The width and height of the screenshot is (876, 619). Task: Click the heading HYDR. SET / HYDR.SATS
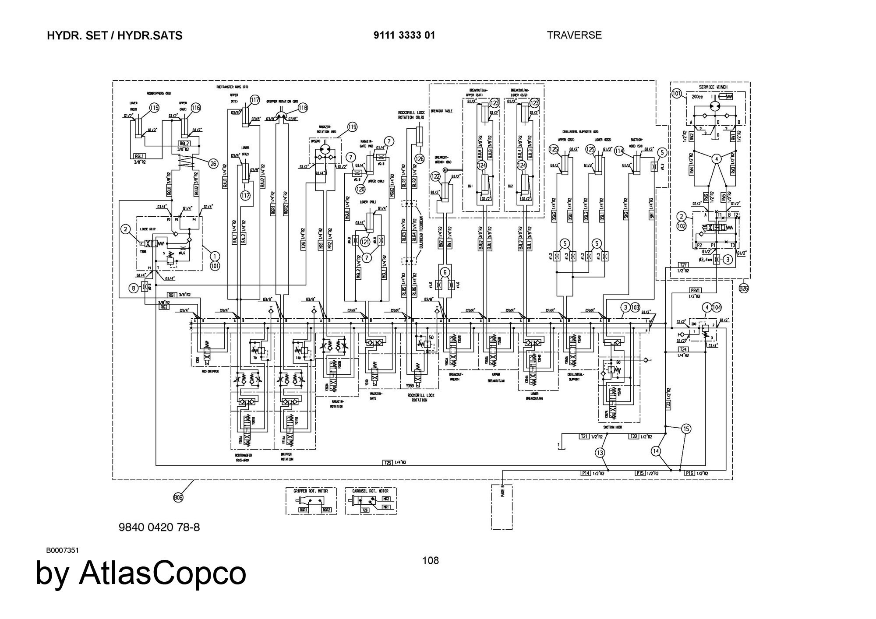tap(114, 36)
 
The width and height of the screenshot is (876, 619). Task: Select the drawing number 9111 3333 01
tap(404, 35)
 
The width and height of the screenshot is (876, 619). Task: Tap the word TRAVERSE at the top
tap(574, 35)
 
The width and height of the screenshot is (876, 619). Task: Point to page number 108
tap(430, 560)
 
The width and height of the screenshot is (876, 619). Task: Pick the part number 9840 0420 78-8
tap(159, 527)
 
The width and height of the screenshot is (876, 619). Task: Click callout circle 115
tap(154, 108)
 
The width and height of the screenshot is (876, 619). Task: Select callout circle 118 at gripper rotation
tap(303, 108)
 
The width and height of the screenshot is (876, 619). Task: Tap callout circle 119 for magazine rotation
tap(353, 127)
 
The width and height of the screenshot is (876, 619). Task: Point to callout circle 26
tap(213, 164)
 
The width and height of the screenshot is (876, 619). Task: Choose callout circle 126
tap(420, 159)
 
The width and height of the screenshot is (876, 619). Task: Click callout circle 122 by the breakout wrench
tap(435, 176)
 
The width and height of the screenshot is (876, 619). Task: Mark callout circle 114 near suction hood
tap(619, 151)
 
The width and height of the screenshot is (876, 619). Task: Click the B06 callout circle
tap(178, 497)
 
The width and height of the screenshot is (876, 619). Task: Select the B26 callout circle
tap(744, 288)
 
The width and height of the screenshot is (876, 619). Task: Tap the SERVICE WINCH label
tap(713, 87)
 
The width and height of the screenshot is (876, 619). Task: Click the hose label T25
tap(388, 462)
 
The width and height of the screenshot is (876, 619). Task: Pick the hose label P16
tap(689, 473)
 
